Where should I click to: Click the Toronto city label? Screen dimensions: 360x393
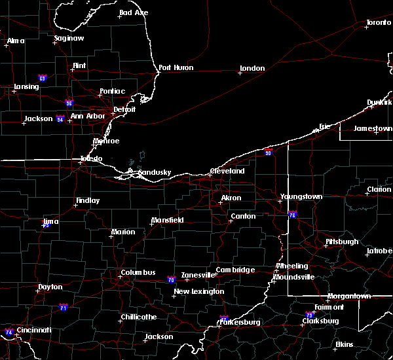click(x=379, y=22)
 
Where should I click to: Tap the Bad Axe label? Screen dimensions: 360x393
click(x=134, y=13)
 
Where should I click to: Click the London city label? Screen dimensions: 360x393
click(x=252, y=68)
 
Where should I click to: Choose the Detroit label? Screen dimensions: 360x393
click(x=124, y=109)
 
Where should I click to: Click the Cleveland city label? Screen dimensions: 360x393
click(x=227, y=171)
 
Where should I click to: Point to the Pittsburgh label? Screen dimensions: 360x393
click(x=342, y=242)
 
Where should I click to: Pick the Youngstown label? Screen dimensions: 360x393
click(x=301, y=196)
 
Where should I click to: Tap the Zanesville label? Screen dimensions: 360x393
click(x=198, y=275)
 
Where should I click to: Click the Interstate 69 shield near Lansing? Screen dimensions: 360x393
click(x=43, y=78)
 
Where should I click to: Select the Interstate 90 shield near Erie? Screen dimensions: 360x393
click(x=269, y=153)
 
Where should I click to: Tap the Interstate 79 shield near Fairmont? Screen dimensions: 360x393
click(x=310, y=315)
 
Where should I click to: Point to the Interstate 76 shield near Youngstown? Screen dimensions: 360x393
click(x=292, y=214)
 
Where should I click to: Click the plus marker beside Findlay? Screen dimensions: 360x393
click(x=75, y=206)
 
